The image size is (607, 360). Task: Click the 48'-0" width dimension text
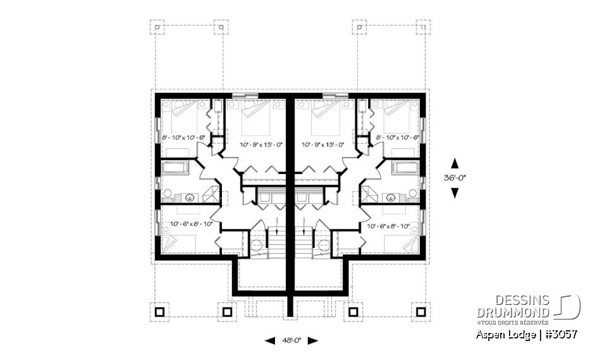(x=291, y=340)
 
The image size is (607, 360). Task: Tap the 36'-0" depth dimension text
(x=454, y=178)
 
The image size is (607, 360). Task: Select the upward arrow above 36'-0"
(x=454, y=163)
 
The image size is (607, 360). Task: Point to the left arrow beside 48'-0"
(x=269, y=340)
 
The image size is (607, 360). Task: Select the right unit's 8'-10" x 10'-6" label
(x=398, y=137)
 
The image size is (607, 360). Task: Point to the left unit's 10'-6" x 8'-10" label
(x=186, y=224)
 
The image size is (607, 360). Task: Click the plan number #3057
(x=560, y=333)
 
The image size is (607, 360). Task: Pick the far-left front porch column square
(x=159, y=311)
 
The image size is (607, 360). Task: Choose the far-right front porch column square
(x=420, y=311)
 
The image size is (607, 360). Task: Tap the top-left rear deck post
(x=159, y=28)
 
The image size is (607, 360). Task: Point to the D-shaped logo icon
(x=568, y=306)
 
